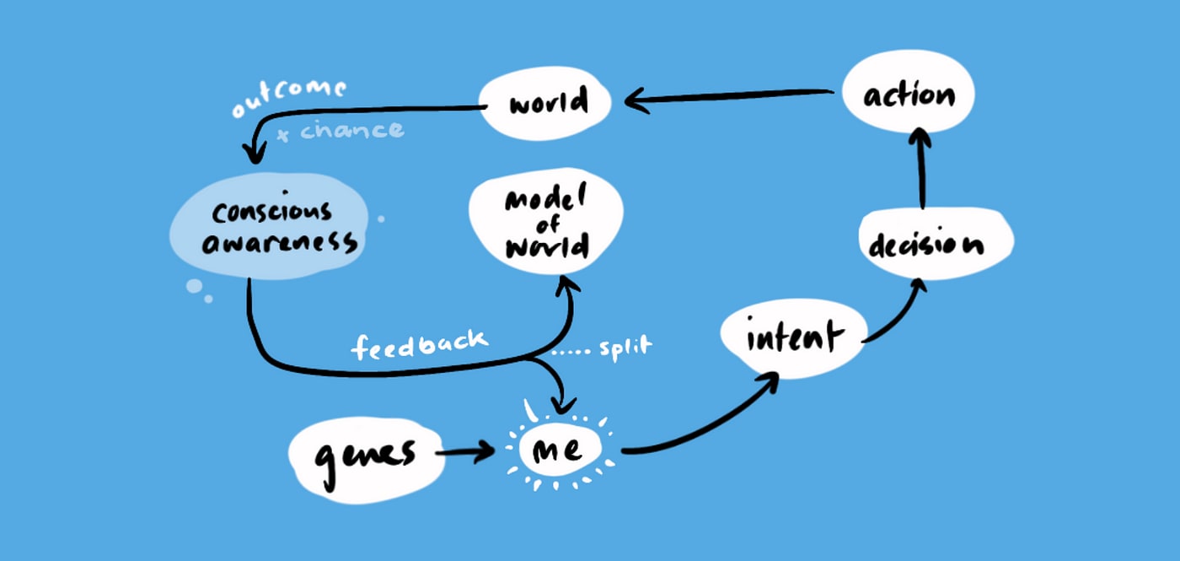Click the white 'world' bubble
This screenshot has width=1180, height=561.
[546, 103]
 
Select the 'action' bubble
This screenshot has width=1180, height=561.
[909, 94]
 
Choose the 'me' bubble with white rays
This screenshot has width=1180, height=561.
[557, 450]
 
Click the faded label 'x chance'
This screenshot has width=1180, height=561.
[341, 131]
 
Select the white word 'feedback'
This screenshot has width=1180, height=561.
[419, 343]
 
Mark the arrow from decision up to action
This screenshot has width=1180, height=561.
[922, 169]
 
